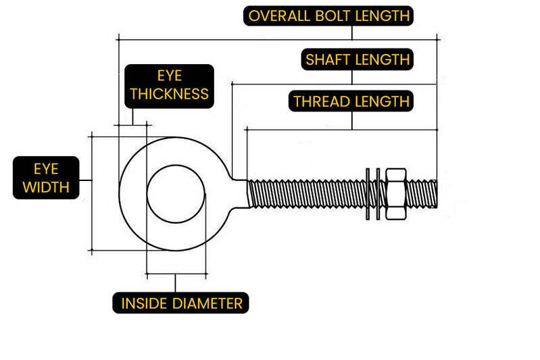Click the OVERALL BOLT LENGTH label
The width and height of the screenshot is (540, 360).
328,16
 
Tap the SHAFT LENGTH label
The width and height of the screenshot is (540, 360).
358,59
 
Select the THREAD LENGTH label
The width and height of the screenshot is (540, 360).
351,102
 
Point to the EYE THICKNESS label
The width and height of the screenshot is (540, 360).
169,86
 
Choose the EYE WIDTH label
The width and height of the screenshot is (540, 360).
46,178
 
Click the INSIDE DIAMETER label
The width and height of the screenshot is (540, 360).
181,303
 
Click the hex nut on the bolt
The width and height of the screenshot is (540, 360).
395,192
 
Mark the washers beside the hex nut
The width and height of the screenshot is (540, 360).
372,192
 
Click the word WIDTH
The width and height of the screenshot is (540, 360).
46,187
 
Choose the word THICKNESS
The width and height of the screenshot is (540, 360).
169,94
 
